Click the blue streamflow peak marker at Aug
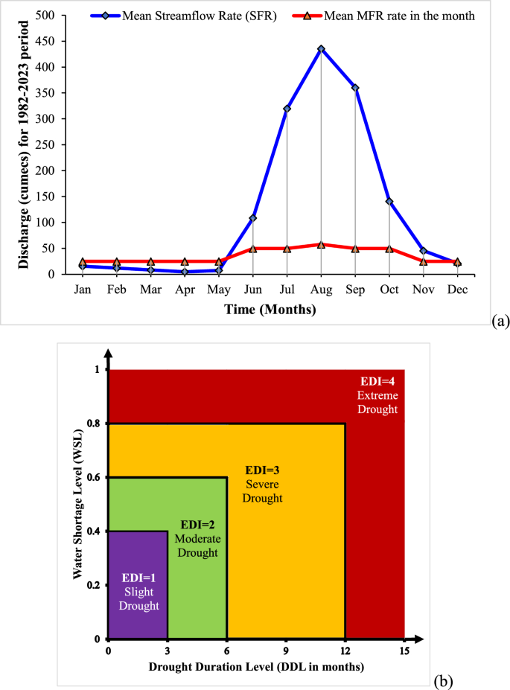click(321, 49)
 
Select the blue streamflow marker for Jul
click(287, 109)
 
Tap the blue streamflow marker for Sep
click(355, 88)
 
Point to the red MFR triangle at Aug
click(321, 244)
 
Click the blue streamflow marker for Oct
click(389, 202)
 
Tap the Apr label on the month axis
click(185, 291)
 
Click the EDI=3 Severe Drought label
click(264, 484)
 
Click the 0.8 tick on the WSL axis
click(96, 424)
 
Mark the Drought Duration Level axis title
click(257, 667)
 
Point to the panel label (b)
click(442, 680)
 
